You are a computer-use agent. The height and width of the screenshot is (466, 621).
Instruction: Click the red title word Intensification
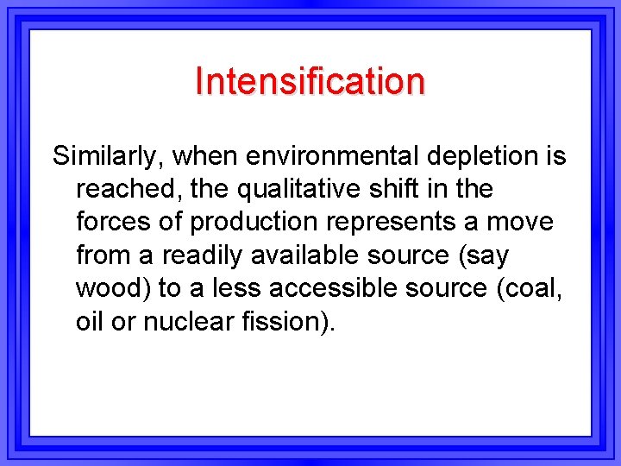coord(310,81)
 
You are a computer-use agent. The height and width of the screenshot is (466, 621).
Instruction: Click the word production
coord(254,223)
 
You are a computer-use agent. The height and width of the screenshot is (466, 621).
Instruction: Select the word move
coord(519,223)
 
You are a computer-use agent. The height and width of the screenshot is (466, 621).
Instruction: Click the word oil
coord(89,321)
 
